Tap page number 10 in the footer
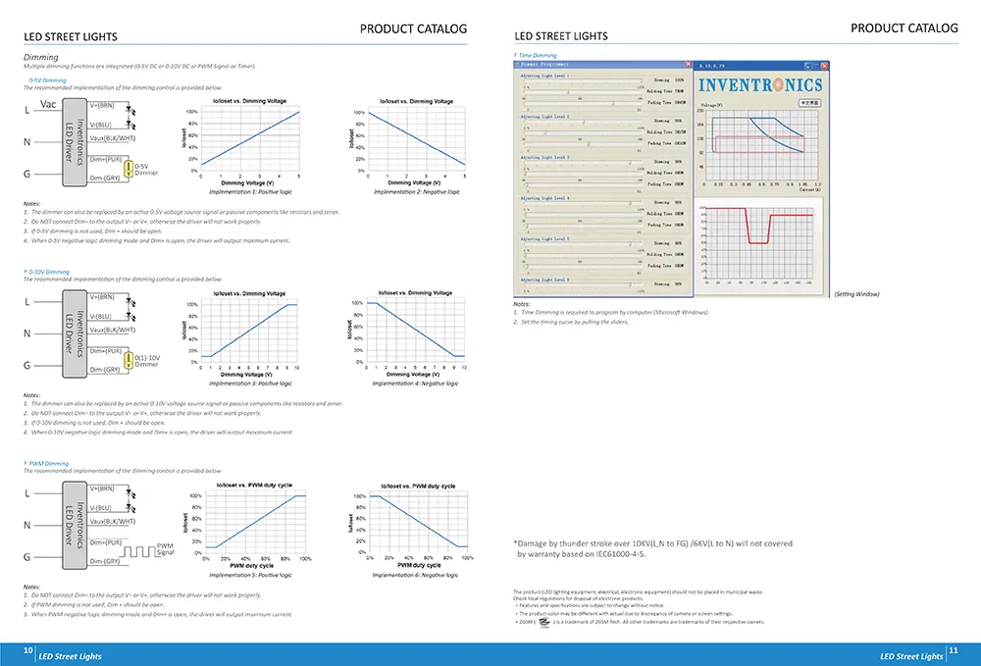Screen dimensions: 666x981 [28, 649]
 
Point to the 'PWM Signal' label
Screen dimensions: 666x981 [165, 549]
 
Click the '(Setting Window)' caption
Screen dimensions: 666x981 [856, 294]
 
